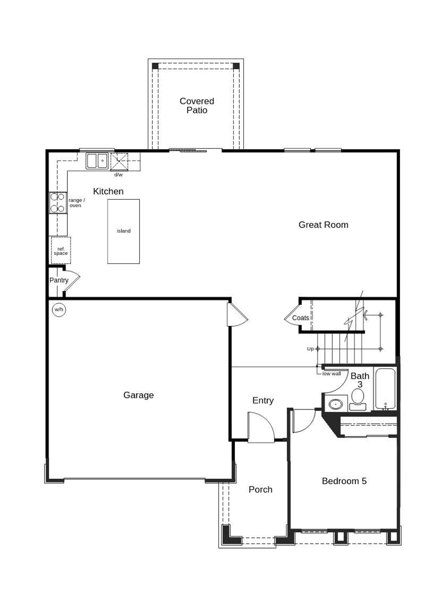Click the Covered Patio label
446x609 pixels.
coord(197,106)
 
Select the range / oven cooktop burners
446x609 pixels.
coord(57,203)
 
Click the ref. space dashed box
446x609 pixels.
coord(61,250)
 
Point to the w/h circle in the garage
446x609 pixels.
coord(59,310)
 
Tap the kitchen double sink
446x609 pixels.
coord(97,161)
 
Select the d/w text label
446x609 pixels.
coord(118,174)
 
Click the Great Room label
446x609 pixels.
coord(323,225)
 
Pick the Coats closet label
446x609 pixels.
coord(300,318)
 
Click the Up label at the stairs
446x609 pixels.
coord(310,349)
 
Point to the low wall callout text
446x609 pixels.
coord(331,374)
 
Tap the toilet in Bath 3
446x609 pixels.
coord(357,399)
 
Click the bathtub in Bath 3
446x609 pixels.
coord(385,388)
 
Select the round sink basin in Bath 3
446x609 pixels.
coord(336,404)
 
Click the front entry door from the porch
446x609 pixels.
coord(261,428)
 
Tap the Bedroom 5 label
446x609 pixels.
coord(344,481)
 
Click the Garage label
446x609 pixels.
coord(138,395)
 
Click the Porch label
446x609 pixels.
coord(260,489)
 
